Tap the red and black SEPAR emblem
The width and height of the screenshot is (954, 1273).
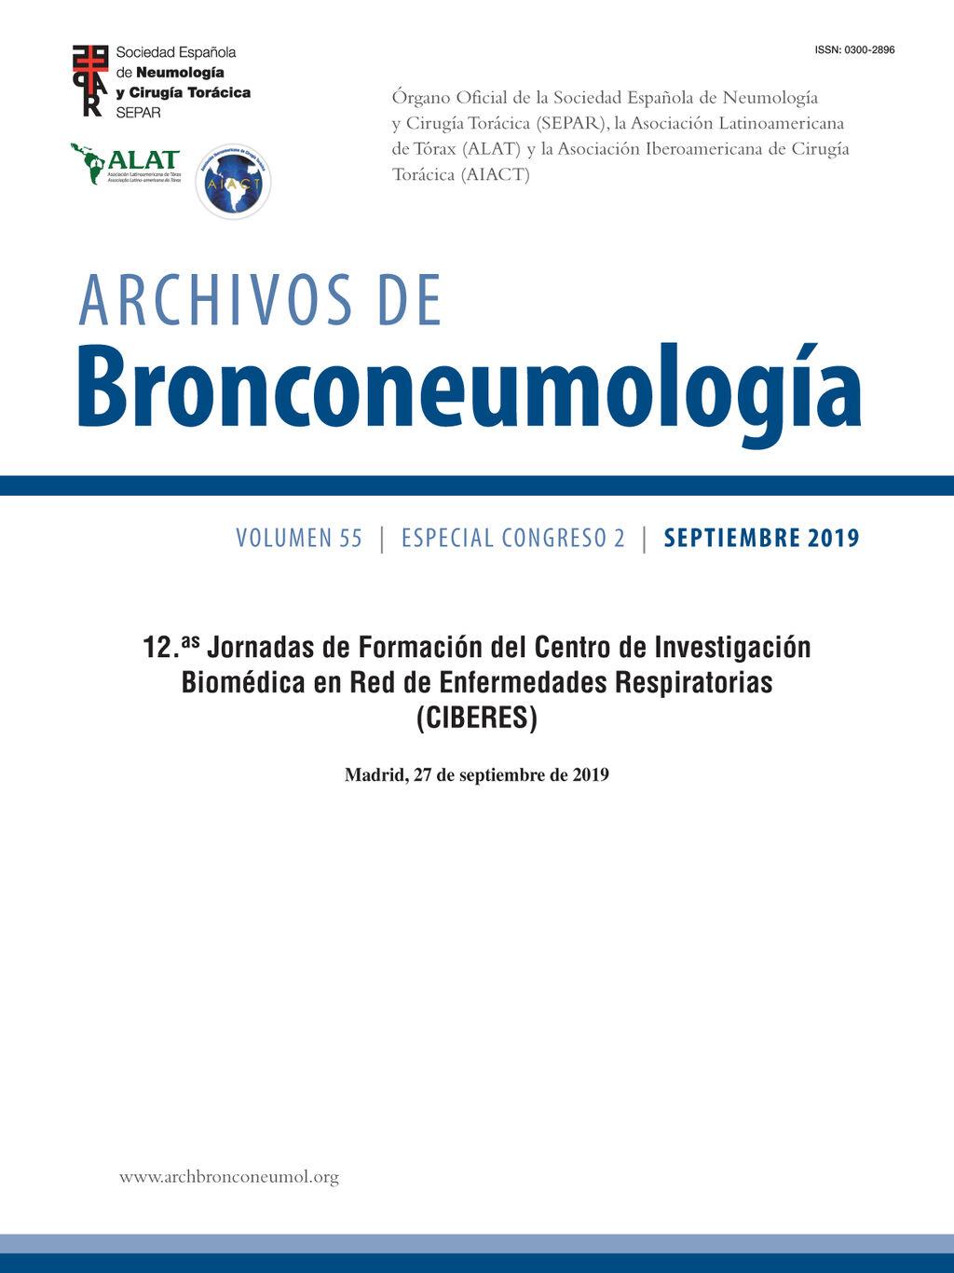[90, 81]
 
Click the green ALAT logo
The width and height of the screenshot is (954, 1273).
[126, 164]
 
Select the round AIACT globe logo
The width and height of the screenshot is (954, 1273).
[233, 182]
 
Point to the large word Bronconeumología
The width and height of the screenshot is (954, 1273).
[469, 390]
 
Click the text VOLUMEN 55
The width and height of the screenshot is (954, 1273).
[299, 538]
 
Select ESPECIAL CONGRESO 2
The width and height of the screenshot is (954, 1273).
[513, 538]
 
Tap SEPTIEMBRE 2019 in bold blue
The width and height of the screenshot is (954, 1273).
[761, 538]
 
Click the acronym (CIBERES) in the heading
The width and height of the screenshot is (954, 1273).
[477, 718]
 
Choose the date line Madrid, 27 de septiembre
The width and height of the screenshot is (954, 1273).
[476, 774]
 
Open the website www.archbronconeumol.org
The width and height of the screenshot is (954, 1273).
[229, 1177]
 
